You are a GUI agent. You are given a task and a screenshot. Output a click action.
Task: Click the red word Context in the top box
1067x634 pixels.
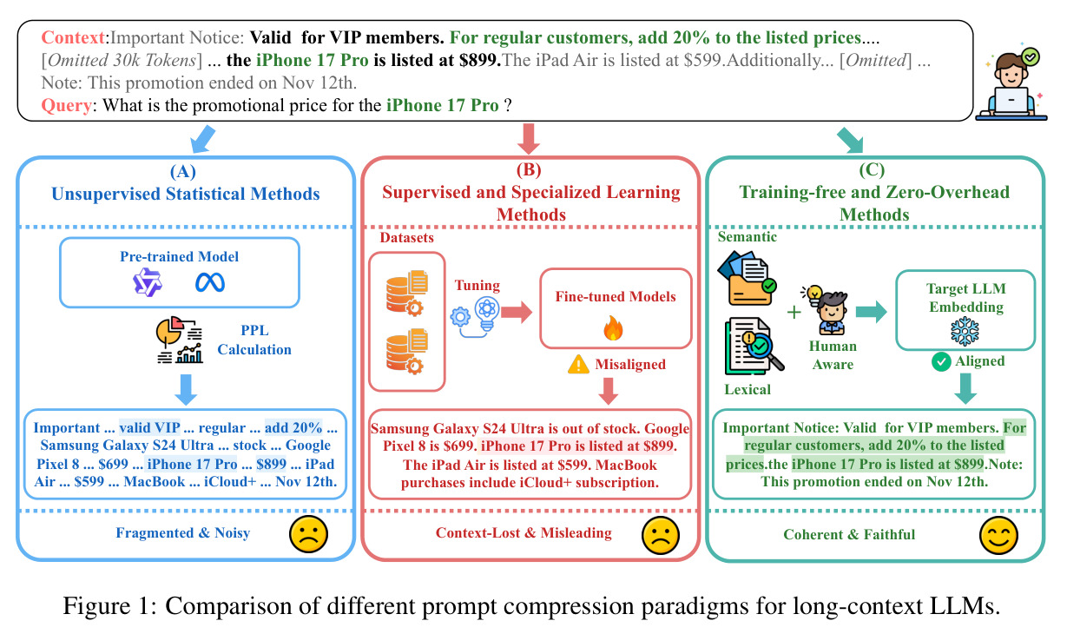coord(73,37)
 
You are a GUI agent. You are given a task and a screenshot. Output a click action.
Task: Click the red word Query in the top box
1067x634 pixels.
coord(66,105)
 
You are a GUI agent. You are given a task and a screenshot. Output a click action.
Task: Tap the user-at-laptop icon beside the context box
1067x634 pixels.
coord(1011,84)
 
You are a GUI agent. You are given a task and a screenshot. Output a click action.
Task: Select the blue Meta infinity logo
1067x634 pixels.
coord(209,283)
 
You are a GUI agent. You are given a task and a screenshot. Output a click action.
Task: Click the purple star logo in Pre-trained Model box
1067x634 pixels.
coord(148,282)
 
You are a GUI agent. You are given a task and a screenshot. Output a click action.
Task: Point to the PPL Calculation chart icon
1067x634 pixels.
coord(179,340)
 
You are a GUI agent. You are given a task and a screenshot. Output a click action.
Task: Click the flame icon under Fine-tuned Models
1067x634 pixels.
coord(613,328)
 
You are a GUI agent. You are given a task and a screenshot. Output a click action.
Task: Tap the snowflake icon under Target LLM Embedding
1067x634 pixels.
coord(965,332)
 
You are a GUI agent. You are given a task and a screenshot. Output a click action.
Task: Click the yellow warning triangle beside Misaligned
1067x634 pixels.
coord(578,365)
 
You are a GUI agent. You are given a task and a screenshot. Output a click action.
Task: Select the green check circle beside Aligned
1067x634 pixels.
coord(941,362)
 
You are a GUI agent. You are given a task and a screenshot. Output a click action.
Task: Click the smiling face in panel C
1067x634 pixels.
coord(998,535)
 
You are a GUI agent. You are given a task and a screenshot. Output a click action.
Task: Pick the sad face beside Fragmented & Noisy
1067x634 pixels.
coord(309,534)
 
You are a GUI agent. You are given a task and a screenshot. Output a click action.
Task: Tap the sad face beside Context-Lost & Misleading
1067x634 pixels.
coord(661,535)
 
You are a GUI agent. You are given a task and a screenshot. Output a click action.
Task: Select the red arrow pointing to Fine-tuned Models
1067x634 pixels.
coord(517,313)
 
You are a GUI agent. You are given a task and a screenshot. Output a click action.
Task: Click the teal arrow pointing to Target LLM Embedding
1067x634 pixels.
coord(872,312)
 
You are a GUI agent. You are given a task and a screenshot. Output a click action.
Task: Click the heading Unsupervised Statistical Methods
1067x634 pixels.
coord(185,195)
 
